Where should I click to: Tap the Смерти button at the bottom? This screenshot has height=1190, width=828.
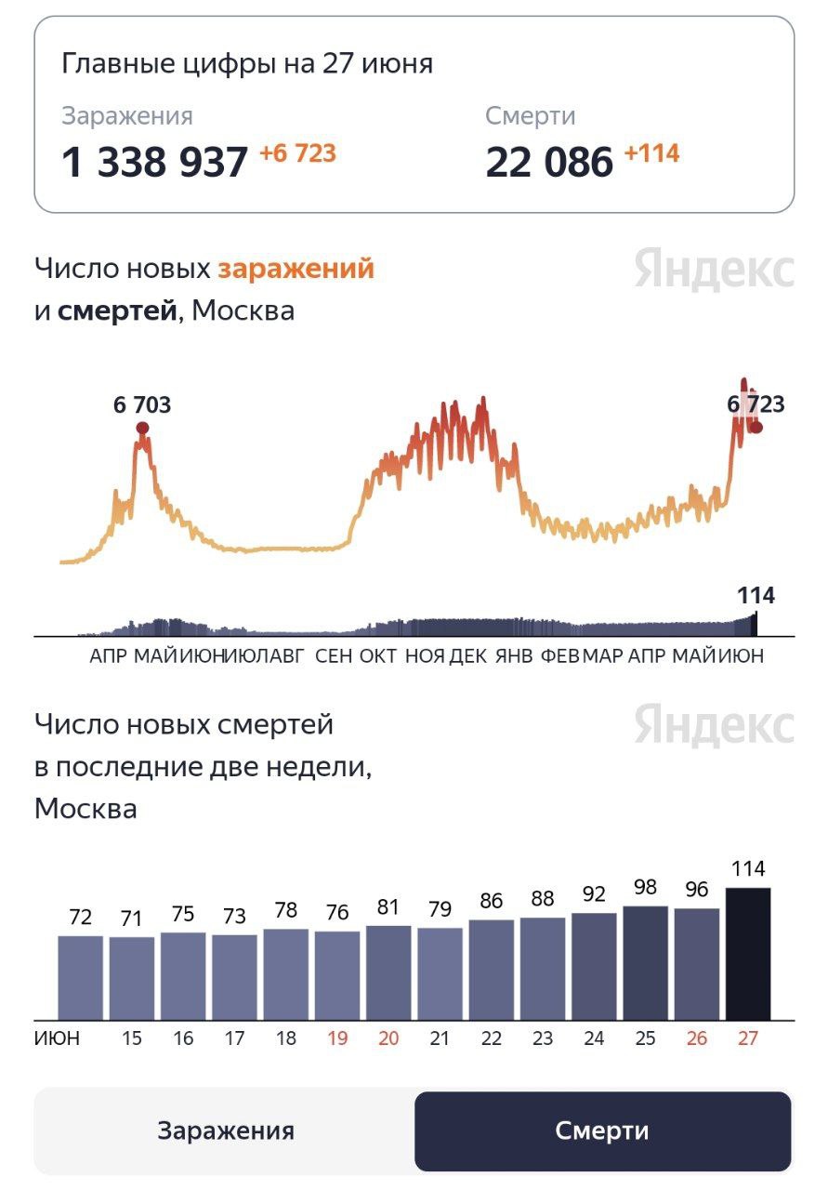pos(602,1130)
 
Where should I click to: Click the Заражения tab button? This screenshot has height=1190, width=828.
pos(225,1130)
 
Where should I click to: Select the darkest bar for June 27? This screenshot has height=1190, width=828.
pos(748,954)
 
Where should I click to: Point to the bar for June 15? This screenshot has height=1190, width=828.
pos(132,978)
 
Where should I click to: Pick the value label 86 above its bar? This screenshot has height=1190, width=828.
pos(492,901)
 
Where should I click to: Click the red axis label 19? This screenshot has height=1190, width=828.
pos(337,1038)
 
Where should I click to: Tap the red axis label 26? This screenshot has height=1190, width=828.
pos(696,1038)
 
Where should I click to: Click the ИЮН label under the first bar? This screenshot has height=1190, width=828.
pos(58,1038)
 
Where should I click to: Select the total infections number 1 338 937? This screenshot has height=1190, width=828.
pos(154,163)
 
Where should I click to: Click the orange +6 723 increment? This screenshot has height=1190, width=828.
pos(297,153)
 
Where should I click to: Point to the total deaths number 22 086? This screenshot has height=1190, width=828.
pos(549,163)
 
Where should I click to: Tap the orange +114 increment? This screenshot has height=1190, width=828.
pos(651,153)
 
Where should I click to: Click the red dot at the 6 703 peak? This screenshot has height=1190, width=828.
pos(142,428)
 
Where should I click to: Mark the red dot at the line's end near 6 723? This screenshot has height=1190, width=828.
pos(756,427)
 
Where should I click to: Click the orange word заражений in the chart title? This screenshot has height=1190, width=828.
pos(296,269)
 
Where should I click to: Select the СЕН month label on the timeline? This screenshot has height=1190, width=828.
pos(334,655)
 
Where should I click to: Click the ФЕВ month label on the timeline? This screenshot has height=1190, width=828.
pos(559,655)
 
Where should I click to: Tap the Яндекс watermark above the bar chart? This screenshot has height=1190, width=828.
pos(714,725)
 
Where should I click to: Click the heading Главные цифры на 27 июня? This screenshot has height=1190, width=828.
pos(247,63)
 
